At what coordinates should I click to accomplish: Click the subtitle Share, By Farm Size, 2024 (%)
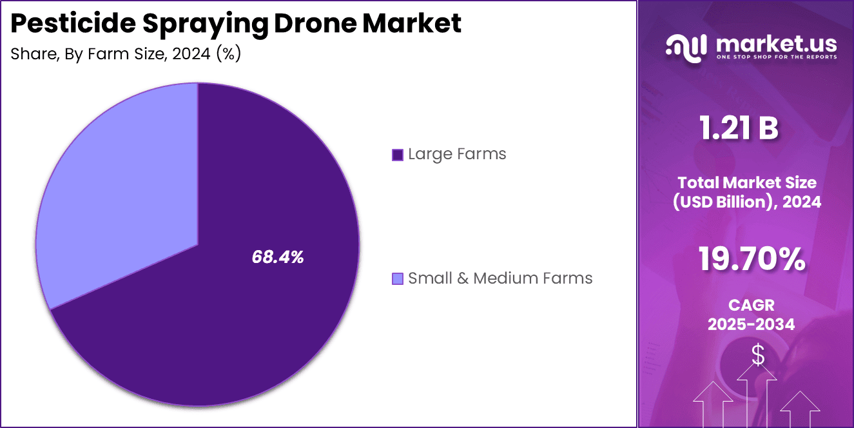[x=126, y=54]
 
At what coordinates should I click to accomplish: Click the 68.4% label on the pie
[x=277, y=258]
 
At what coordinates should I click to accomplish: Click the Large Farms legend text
[x=457, y=155]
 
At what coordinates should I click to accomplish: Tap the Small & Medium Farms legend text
[x=500, y=278]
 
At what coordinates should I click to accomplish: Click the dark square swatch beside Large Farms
[x=398, y=155]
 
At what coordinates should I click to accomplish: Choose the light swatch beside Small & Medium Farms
[x=398, y=278]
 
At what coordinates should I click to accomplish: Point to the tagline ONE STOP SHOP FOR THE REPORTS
[x=776, y=57]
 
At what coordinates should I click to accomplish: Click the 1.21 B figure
[x=739, y=129]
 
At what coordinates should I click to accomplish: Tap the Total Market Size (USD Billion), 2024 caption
[x=747, y=192]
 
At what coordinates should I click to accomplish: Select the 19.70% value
[x=752, y=259]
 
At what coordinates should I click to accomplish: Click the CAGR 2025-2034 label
[x=751, y=315]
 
